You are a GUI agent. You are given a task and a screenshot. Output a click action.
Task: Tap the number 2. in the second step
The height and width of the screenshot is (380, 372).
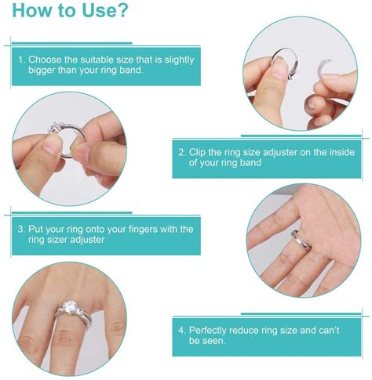point(183,152)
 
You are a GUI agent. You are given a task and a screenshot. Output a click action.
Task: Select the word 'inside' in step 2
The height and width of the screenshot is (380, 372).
point(339,152)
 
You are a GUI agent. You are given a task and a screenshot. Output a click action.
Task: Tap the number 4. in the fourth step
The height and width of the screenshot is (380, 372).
point(183,330)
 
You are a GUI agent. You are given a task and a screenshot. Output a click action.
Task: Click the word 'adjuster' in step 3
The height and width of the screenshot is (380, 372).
point(90,241)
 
